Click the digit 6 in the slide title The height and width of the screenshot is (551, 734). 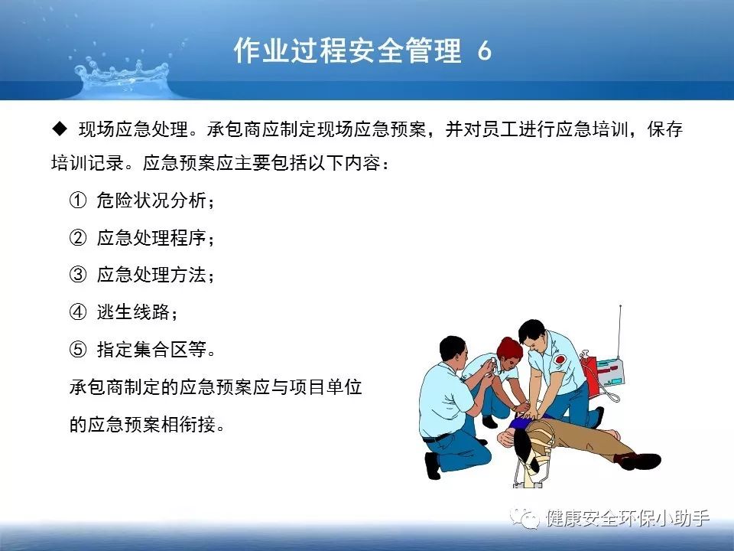[485, 51]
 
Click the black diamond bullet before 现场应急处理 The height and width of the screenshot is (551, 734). [60, 129]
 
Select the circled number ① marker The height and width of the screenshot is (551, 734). [78, 201]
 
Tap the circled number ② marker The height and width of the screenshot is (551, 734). [78, 237]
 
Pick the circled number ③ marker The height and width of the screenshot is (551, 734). [78, 275]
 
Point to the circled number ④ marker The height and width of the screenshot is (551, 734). [78, 311]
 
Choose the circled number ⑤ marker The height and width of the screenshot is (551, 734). [78, 349]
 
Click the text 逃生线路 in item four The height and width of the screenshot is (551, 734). [133, 311]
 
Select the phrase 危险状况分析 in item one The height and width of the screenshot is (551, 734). [151, 201]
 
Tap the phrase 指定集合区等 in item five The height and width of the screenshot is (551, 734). [151, 349]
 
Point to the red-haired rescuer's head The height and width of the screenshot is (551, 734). [509, 351]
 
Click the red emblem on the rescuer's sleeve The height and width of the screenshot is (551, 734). [560, 360]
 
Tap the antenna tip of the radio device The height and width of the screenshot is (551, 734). [620, 306]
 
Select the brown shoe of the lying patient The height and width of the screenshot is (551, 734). [639, 461]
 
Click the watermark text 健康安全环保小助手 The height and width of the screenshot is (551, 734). [627, 518]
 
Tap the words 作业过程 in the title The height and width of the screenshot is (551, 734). [291, 51]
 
